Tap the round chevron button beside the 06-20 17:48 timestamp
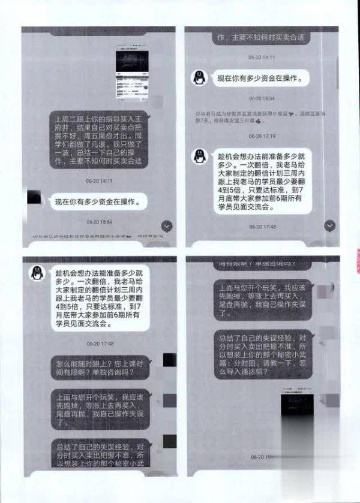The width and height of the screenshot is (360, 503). pyautogui.click(x=330, y=225)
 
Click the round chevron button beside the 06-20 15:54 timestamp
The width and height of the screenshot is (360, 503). pyautogui.click(x=167, y=225)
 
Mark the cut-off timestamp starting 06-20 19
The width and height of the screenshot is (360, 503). pyautogui.click(x=259, y=457)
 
